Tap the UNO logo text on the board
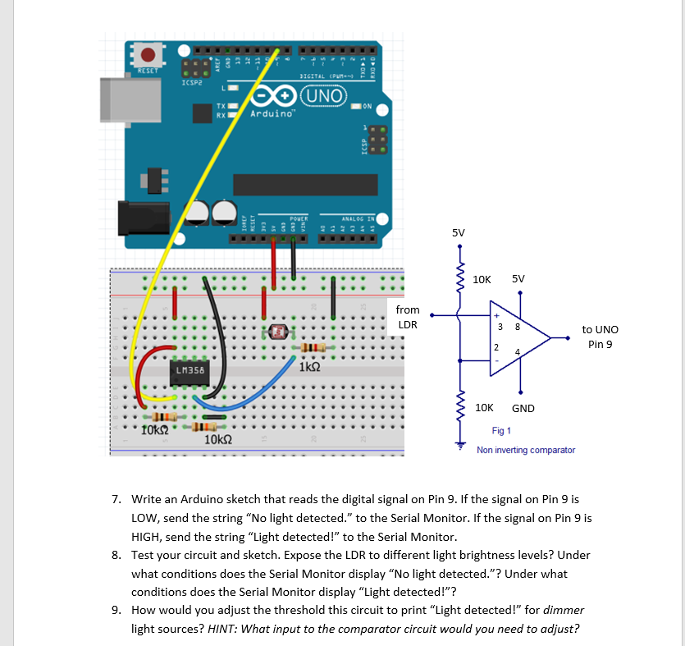(x=323, y=94)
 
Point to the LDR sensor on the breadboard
(x=279, y=332)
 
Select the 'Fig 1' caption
(x=501, y=431)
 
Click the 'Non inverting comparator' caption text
(x=525, y=450)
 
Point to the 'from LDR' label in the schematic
(x=408, y=317)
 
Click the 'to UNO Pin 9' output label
(x=600, y=337)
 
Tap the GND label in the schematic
(x=523, y=408)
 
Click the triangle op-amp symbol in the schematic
(x=515, y=340)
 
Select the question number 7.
(x=117, y=500)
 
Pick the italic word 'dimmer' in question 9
(x=564, y=611)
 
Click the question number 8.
(x=117, y=556)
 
